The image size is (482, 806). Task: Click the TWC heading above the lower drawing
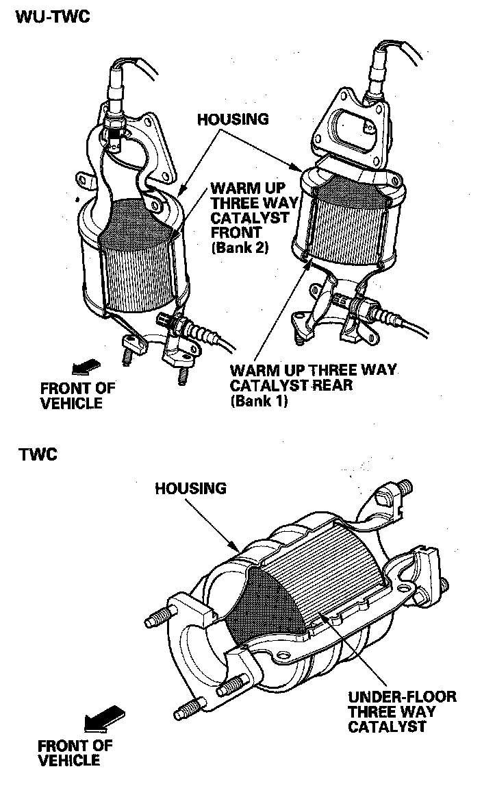tap(38, 454)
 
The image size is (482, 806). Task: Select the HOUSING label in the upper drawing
tap(233, 119)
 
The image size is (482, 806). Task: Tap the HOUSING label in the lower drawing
tap(190, 489)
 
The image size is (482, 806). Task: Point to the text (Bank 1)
tap(259, 401)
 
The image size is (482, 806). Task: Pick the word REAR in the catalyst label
tap(333, 385)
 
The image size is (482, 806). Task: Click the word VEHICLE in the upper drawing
tap(71, 403)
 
